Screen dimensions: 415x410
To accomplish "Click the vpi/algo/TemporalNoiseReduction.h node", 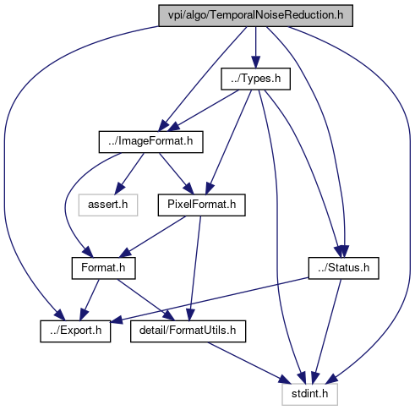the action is (x=255, y=15).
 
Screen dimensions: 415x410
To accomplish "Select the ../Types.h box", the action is (x=255, y=79).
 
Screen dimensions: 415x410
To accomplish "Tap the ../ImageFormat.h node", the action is (x=150, y=142).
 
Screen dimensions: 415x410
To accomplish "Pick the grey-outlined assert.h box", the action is (x=108, y=205).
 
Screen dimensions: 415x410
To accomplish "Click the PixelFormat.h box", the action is (x=201, y=205).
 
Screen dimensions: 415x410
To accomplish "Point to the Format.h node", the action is (x=103, y=268).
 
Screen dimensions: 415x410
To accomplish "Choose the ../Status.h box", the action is (x=343, y=268).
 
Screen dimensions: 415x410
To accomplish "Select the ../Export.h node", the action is (x=75, y=331).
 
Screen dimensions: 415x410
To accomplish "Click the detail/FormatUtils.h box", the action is (x=188, y=331).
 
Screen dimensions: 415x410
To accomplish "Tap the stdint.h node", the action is (x=309, y=394).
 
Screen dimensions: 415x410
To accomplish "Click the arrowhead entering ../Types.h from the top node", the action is (x=255, y=62).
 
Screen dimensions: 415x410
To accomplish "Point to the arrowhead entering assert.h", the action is (x=119, y=189).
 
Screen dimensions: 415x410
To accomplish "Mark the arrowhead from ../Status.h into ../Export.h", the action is (x=117, y=320).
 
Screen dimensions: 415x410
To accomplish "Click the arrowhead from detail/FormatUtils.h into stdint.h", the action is (x=285, y=379).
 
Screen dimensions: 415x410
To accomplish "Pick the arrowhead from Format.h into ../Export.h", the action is (x=84, y=314).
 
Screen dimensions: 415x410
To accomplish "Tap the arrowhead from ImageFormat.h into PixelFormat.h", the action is (x=188, y=189).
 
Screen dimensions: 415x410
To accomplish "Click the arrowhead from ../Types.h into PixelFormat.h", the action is (x=210, y=189).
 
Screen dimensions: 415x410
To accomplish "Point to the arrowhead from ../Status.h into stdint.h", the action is (x=315, y=378).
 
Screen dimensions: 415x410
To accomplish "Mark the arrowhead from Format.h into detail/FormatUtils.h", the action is (x=169, y=315).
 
